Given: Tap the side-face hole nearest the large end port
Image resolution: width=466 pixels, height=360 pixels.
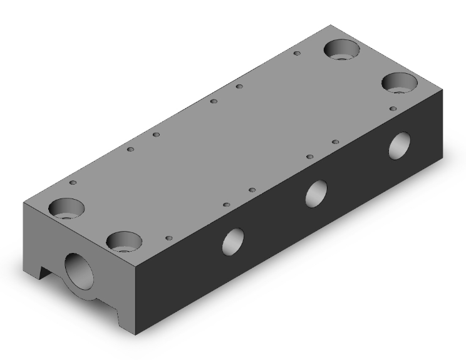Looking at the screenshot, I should point(233,241).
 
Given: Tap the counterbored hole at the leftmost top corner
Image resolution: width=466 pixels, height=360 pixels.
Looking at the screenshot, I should point(66,208).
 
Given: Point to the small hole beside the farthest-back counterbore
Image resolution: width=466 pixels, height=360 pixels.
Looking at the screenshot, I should point(298,54).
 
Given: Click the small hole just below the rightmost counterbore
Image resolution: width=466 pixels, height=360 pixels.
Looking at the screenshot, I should point(393,108).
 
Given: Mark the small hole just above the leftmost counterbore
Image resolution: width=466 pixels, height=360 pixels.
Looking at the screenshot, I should point(73,183).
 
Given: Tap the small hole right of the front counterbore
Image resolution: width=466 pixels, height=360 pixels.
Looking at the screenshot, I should point(168,238).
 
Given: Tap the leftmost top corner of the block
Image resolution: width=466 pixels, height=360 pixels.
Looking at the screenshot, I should point(23,204).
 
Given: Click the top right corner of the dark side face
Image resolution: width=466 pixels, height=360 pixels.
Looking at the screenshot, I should point(443,88).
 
